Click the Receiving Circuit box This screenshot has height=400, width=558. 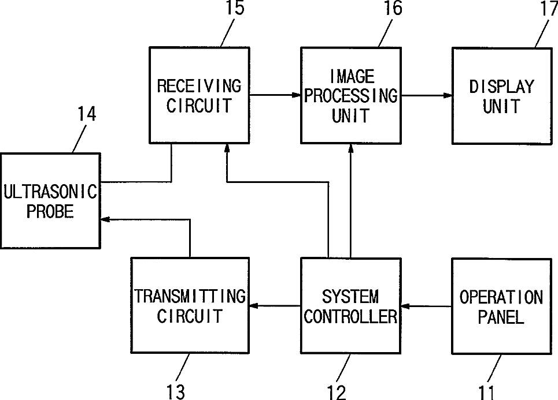click(199, 96)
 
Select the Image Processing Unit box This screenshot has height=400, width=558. click(350, 96)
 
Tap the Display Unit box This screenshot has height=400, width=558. click(501, 96)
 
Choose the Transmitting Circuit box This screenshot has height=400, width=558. click(190, 306)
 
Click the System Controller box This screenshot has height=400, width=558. click(350, 306)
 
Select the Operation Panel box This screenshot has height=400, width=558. click(501, 306)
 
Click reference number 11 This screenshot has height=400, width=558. click(487, 391)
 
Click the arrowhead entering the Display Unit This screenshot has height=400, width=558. click(448, 96)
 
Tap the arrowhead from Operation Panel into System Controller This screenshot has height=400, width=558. click(405, 306)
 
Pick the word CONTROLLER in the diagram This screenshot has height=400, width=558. click(350, 317)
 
